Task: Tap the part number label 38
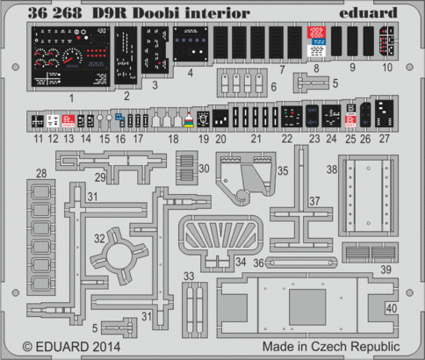tap(331, 168)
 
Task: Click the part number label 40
tap(391, 308)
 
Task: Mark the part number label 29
tap(101, 178)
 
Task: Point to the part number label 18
tap(174, 140)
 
